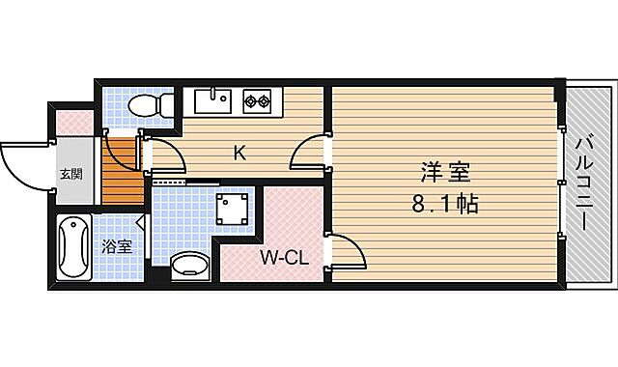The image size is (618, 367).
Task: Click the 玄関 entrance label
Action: (70, 175)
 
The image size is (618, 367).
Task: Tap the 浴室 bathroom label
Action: (117, 246)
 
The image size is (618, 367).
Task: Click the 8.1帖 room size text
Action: (444, 205)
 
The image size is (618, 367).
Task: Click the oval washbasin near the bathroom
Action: (190, 266)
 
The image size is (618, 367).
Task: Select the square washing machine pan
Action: (233, 207)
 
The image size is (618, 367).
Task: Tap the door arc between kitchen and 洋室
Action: (309, 152)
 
